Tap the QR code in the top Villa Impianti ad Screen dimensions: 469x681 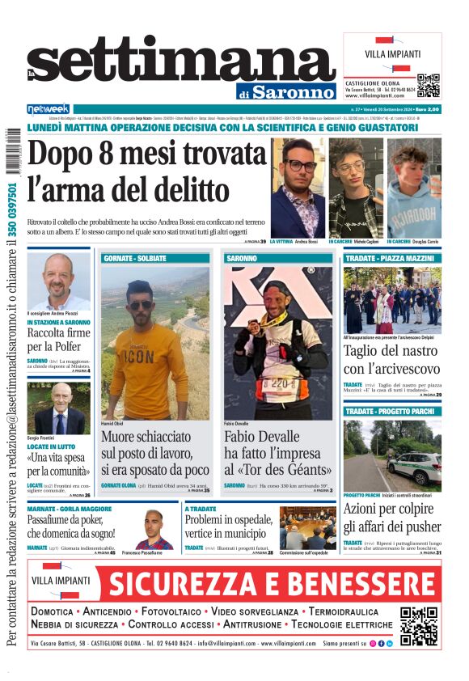[x=428, y=85]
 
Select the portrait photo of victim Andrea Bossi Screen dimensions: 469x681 [x=298, y=187]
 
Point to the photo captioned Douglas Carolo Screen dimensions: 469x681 [x=414, y=188]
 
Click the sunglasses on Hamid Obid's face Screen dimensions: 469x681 [x=141, y=305]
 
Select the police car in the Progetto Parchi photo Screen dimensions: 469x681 [x=415, y=467]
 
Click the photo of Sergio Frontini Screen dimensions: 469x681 [x=58, y=408]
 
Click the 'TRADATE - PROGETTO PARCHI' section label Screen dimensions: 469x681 [x=392, y=412]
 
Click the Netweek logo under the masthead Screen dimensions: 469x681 [x=48, y=109]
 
